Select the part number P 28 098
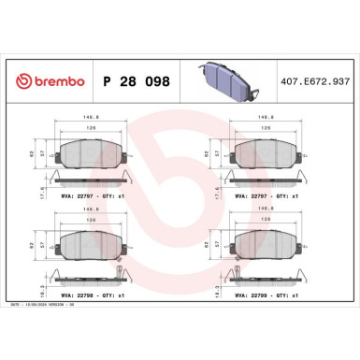pyautogui.click(x=135, y=81)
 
